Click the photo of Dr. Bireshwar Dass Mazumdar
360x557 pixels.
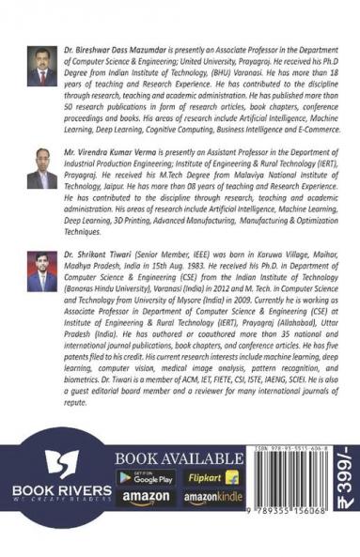(x=40, y=65)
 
